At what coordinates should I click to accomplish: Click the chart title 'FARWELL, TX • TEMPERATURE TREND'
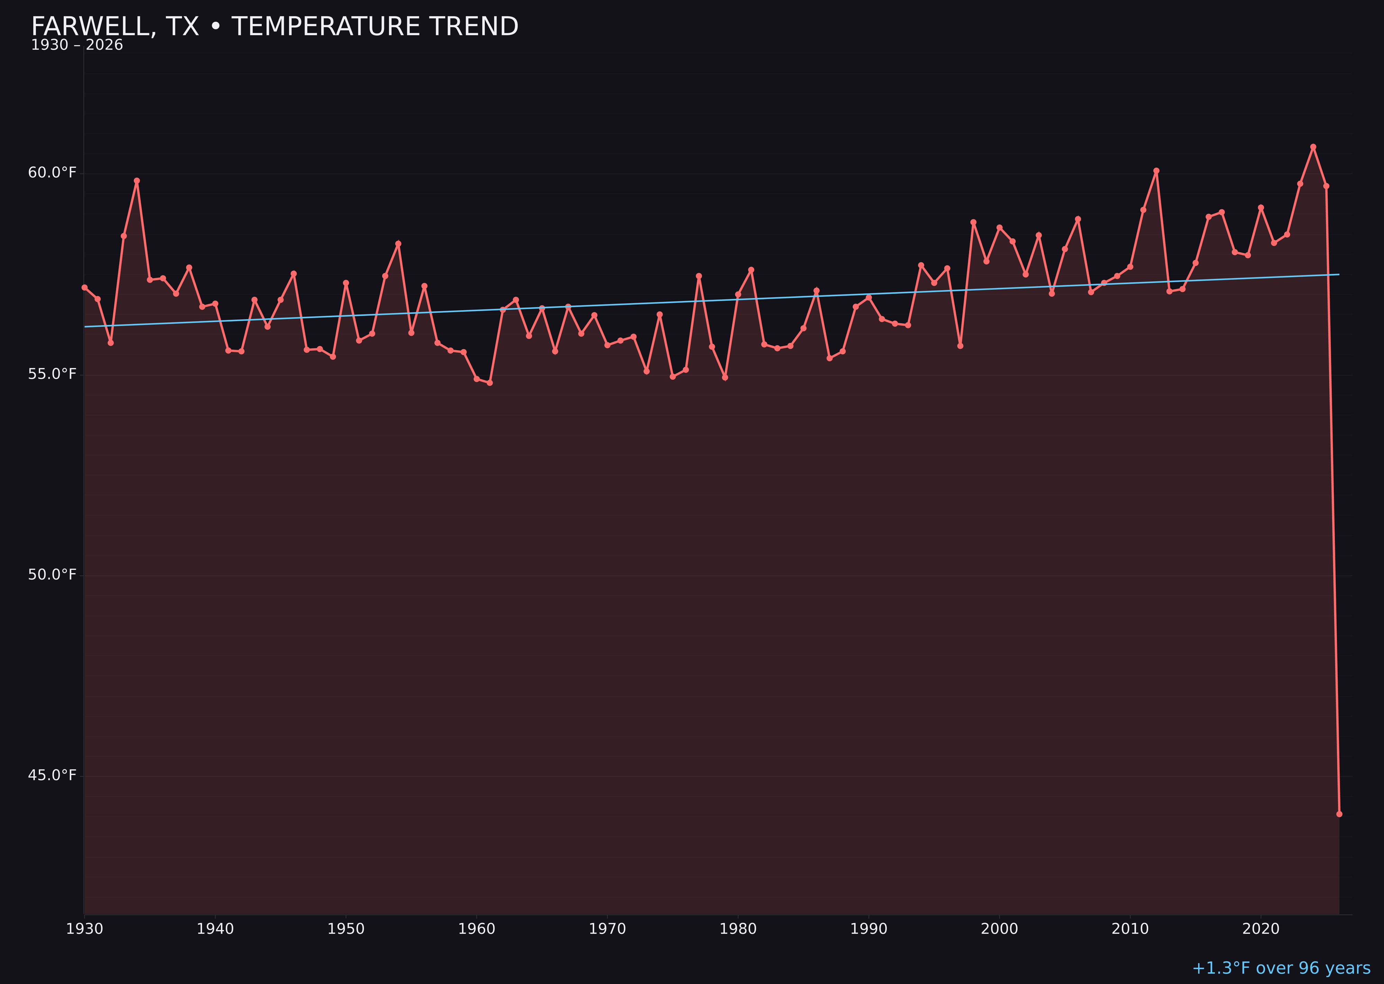tap(274, 27)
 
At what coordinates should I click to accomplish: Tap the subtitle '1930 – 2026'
tap(77, 45)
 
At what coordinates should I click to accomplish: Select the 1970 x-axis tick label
tap(607, 929)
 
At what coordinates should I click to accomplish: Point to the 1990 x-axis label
tap(868, 929)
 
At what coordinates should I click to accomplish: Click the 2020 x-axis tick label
tap(1260, 929)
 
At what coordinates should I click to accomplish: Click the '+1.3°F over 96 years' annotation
tap(1281, 968)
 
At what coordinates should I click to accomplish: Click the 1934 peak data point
tap(137, 181)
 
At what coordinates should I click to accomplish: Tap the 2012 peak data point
tap(1156, 171)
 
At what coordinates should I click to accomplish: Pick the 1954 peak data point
tap(398, 244)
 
